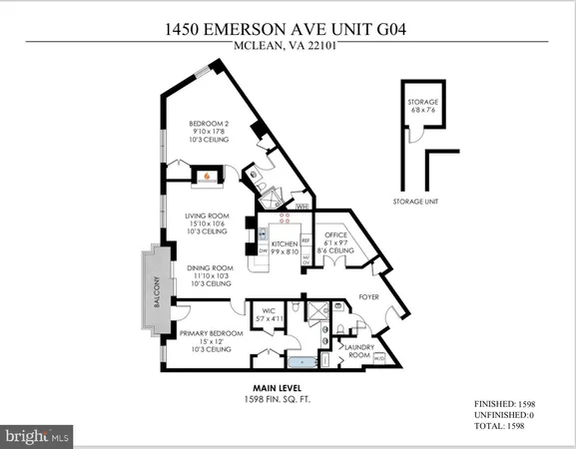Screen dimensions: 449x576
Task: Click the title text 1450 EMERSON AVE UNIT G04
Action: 288,30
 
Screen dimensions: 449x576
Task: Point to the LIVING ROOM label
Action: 208,216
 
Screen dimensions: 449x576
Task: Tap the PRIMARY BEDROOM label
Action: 211,332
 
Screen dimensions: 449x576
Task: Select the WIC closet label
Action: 267,310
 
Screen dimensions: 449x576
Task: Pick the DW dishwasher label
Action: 264,251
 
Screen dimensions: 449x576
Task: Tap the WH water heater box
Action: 300,206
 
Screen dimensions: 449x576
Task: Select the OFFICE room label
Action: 334,234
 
